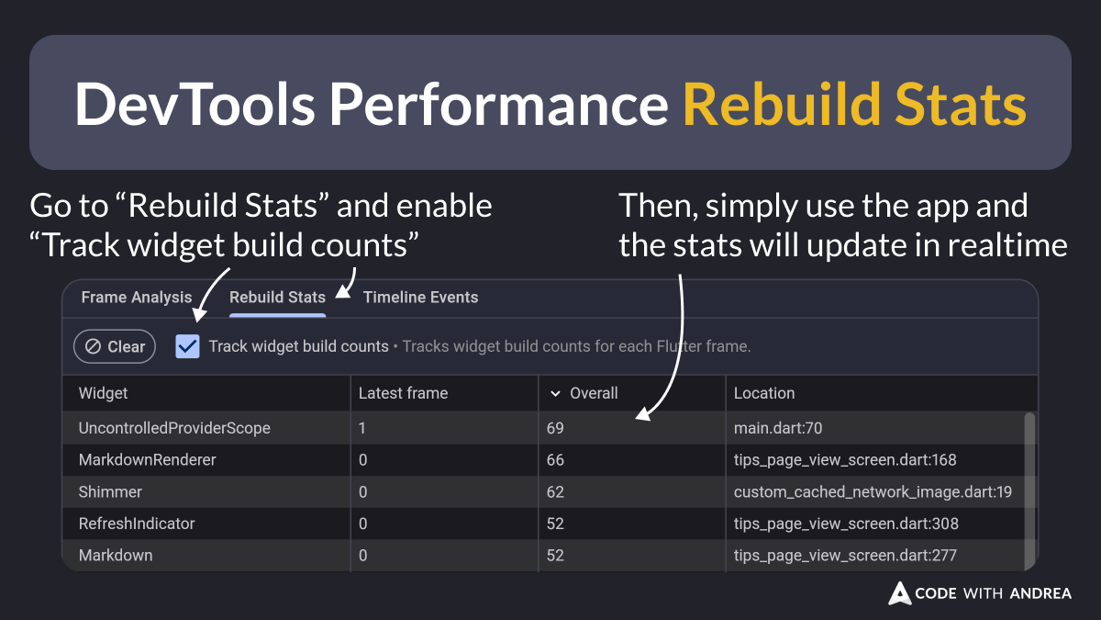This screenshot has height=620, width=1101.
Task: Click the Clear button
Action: point(115,346)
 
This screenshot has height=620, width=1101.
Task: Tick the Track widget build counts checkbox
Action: point(188,346)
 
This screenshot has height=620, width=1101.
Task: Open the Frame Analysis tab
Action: point(137,298)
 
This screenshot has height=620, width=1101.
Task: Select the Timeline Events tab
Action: point(420,298)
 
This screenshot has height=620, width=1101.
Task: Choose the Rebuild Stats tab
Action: point(277,298)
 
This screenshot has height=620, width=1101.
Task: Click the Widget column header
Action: point(104,393)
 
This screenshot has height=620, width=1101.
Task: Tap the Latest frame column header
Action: point(403,393)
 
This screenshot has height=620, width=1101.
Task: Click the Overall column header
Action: point(593,393)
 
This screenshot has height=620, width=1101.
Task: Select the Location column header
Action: point(764,393)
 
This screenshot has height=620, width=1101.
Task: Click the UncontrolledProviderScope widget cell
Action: point(174,428)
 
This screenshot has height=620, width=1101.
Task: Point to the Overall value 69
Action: point(555,428)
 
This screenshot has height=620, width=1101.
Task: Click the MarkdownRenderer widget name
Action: point(148,460)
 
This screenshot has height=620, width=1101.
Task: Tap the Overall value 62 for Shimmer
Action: point(555,492)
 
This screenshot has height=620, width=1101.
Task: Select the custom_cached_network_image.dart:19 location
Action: point(873,492)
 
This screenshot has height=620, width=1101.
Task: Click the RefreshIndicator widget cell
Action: point(137,524)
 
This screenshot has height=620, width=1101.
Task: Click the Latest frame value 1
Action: point(363,428)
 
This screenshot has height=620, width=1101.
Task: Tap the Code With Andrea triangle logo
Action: point(899,593)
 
